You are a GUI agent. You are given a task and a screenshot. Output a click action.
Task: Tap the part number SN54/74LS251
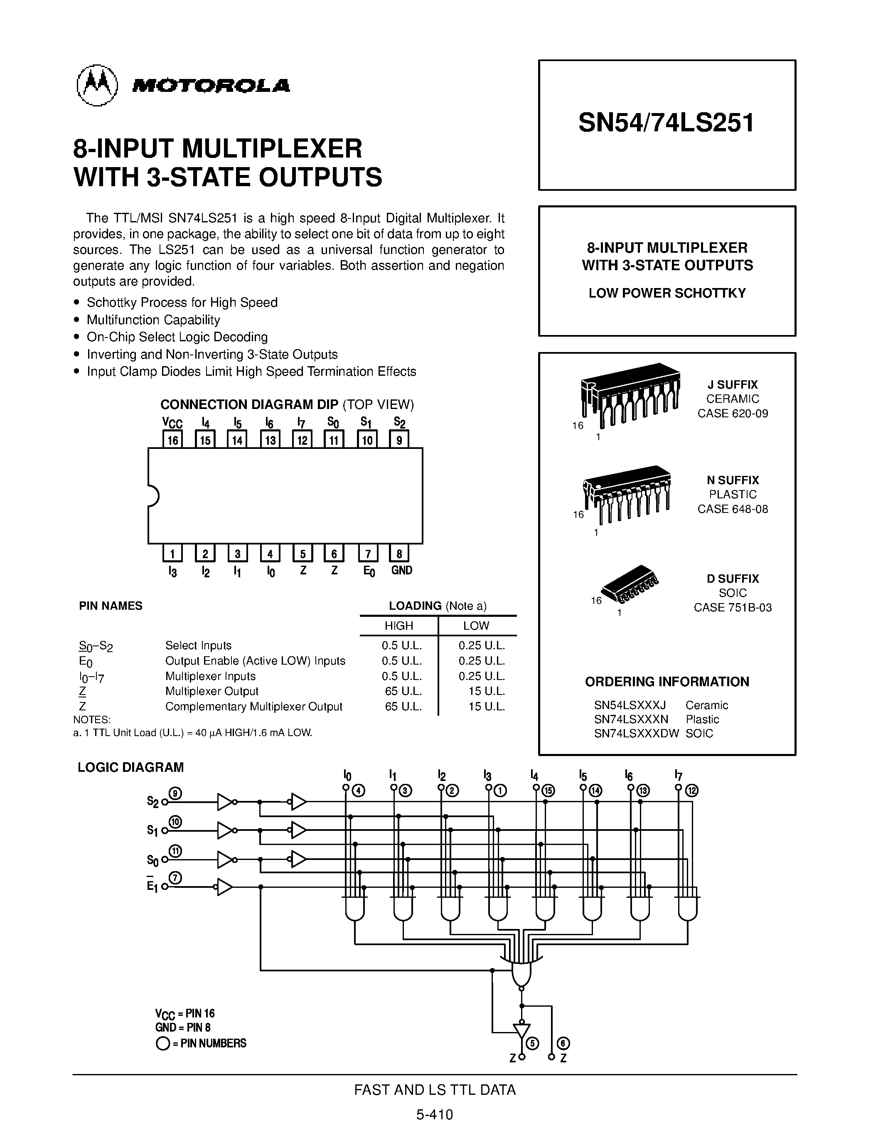667,123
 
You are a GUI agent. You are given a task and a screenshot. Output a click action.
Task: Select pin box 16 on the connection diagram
172,440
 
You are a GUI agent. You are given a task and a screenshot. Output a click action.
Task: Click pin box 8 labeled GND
399,554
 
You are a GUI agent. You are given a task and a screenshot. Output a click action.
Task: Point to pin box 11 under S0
334,440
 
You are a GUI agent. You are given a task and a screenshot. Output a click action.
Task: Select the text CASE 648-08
732,509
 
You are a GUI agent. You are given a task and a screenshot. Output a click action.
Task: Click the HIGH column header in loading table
398,626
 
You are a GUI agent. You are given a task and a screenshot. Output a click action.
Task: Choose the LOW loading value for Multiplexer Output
486,691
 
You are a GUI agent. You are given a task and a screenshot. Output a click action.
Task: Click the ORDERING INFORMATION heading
667,681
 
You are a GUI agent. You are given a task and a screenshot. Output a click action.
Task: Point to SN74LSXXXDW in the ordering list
636,733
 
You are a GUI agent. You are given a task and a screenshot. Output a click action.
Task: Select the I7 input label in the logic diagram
678,775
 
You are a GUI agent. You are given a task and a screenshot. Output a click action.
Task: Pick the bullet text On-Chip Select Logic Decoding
177,337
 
